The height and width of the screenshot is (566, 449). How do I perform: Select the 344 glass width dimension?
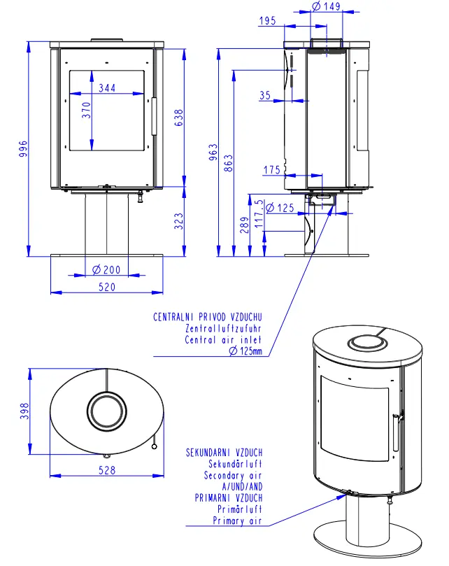point(107,88)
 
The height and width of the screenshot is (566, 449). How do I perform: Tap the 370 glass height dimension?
point(86,111)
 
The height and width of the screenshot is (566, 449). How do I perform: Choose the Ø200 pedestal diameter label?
point(107,270)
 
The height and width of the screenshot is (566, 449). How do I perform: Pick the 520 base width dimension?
point(106,286)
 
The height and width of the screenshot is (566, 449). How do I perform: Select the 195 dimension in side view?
point(266,21)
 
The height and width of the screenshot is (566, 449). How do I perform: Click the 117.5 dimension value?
point(260,213)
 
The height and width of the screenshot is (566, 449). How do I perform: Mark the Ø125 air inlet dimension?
point(280,208)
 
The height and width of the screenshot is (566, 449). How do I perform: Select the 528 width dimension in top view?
point(106,471)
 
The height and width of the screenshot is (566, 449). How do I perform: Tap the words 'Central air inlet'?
point(224,340)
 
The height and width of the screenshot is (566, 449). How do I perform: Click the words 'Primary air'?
point(238,521)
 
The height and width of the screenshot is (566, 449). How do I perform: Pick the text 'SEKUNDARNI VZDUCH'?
point(224,453)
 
